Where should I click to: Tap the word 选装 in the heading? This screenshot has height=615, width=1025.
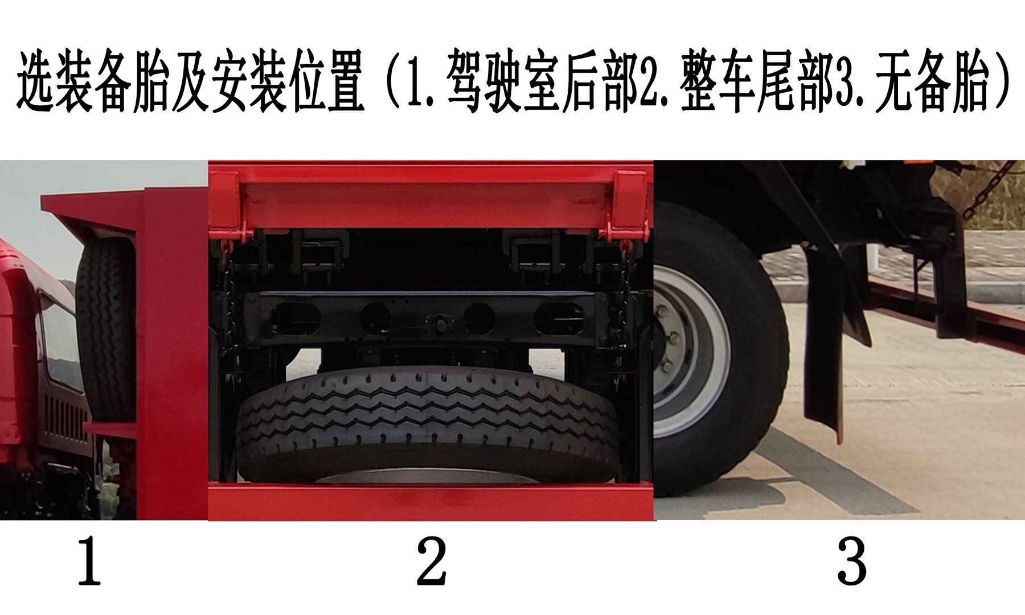[x=55, y=81]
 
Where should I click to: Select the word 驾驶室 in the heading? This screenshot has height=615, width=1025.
[x=503, y=81]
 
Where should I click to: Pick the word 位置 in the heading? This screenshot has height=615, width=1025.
[x=327, y=81]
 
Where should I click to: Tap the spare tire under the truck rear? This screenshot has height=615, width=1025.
[x=427, y=424]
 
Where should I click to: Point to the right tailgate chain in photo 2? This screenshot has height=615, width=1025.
[x=626, y=296]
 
